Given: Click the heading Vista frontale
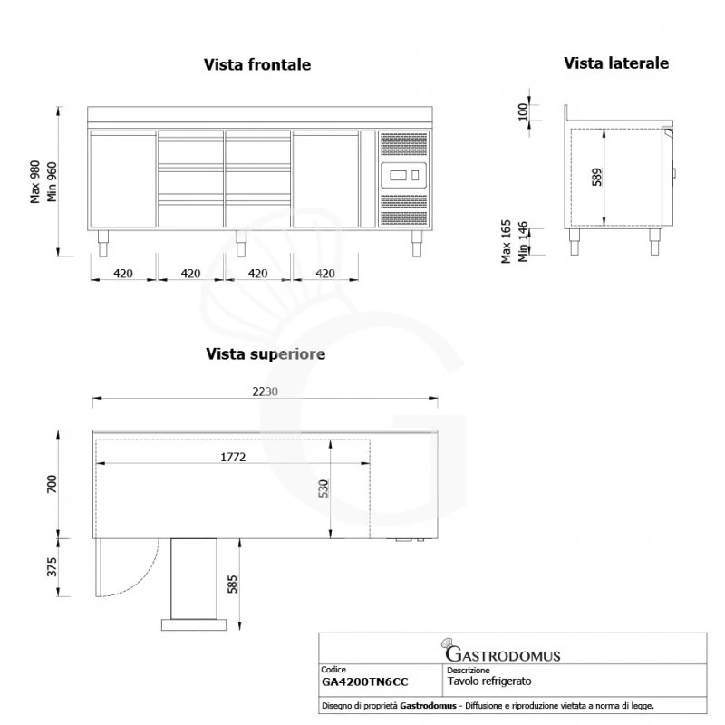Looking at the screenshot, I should [257, 65].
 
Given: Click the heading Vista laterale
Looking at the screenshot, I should [616, 63].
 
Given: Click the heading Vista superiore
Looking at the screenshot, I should [266, 354].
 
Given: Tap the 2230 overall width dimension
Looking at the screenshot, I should [266, 391].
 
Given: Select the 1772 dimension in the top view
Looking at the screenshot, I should [234, 458].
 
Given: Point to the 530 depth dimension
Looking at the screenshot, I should [324, 492].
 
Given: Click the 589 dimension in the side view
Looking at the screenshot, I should [596, 176].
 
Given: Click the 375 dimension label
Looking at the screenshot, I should [52, 567].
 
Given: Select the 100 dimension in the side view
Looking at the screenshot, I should [521, 111].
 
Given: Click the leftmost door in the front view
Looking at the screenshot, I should [122, 179].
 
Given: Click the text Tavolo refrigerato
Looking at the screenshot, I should [489, 681].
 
